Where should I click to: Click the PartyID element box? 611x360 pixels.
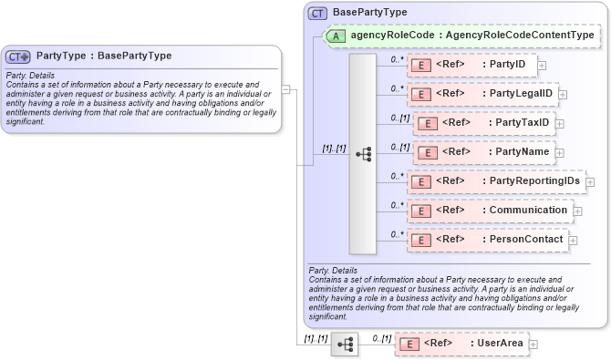(x=471, y=65)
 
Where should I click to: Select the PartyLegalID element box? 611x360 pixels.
(x=482, y=93)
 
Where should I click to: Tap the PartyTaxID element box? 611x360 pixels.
(x=483, y=123)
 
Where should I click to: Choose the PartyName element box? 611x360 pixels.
(x=483, y=151)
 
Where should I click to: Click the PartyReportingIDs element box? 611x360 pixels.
(x=495, y=181)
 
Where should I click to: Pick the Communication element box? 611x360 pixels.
(x=489, y=211)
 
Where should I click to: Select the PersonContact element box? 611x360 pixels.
(x=487, y=240)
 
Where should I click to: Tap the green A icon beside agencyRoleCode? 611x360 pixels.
(x=337, y=36)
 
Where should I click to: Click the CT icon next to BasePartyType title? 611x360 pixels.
(x=317, y=13)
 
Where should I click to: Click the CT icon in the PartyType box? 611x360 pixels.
(x=18, y=57)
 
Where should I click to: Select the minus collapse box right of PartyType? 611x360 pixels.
(x=285, y=89)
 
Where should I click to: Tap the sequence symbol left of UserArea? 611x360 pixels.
(x=345, y=345)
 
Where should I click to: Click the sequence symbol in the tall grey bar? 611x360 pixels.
(x=363, y=154)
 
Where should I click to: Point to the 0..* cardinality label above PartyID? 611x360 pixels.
(x=397, y=59)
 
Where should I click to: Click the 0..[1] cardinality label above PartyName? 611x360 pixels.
(x=398, y=146)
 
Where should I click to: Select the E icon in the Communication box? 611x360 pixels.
(x=421, y=211)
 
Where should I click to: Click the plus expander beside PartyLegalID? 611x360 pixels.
(x=563, y=94)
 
